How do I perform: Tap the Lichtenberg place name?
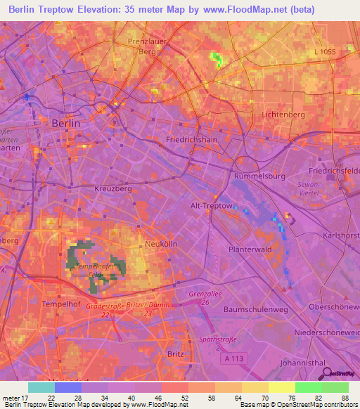(x=283, y=115)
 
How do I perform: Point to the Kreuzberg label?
(x=113, y=189)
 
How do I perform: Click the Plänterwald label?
(x=250, y=249)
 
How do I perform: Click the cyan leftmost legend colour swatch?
(x=41, y=387)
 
